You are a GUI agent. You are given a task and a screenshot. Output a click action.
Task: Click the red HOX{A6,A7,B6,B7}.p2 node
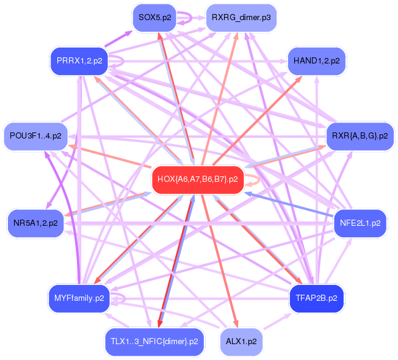198,179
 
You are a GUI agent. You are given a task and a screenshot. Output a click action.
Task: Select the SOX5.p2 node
155,17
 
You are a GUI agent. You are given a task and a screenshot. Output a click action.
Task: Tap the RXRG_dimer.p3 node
241,17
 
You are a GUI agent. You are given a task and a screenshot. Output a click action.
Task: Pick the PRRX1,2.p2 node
79,60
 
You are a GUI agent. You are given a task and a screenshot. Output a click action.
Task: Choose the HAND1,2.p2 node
316,60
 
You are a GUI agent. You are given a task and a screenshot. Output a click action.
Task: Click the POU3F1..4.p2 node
35,136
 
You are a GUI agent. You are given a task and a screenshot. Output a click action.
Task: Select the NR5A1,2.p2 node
35,223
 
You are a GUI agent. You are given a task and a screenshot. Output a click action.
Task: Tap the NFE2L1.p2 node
360,223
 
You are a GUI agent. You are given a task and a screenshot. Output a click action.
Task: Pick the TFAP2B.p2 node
316,298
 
